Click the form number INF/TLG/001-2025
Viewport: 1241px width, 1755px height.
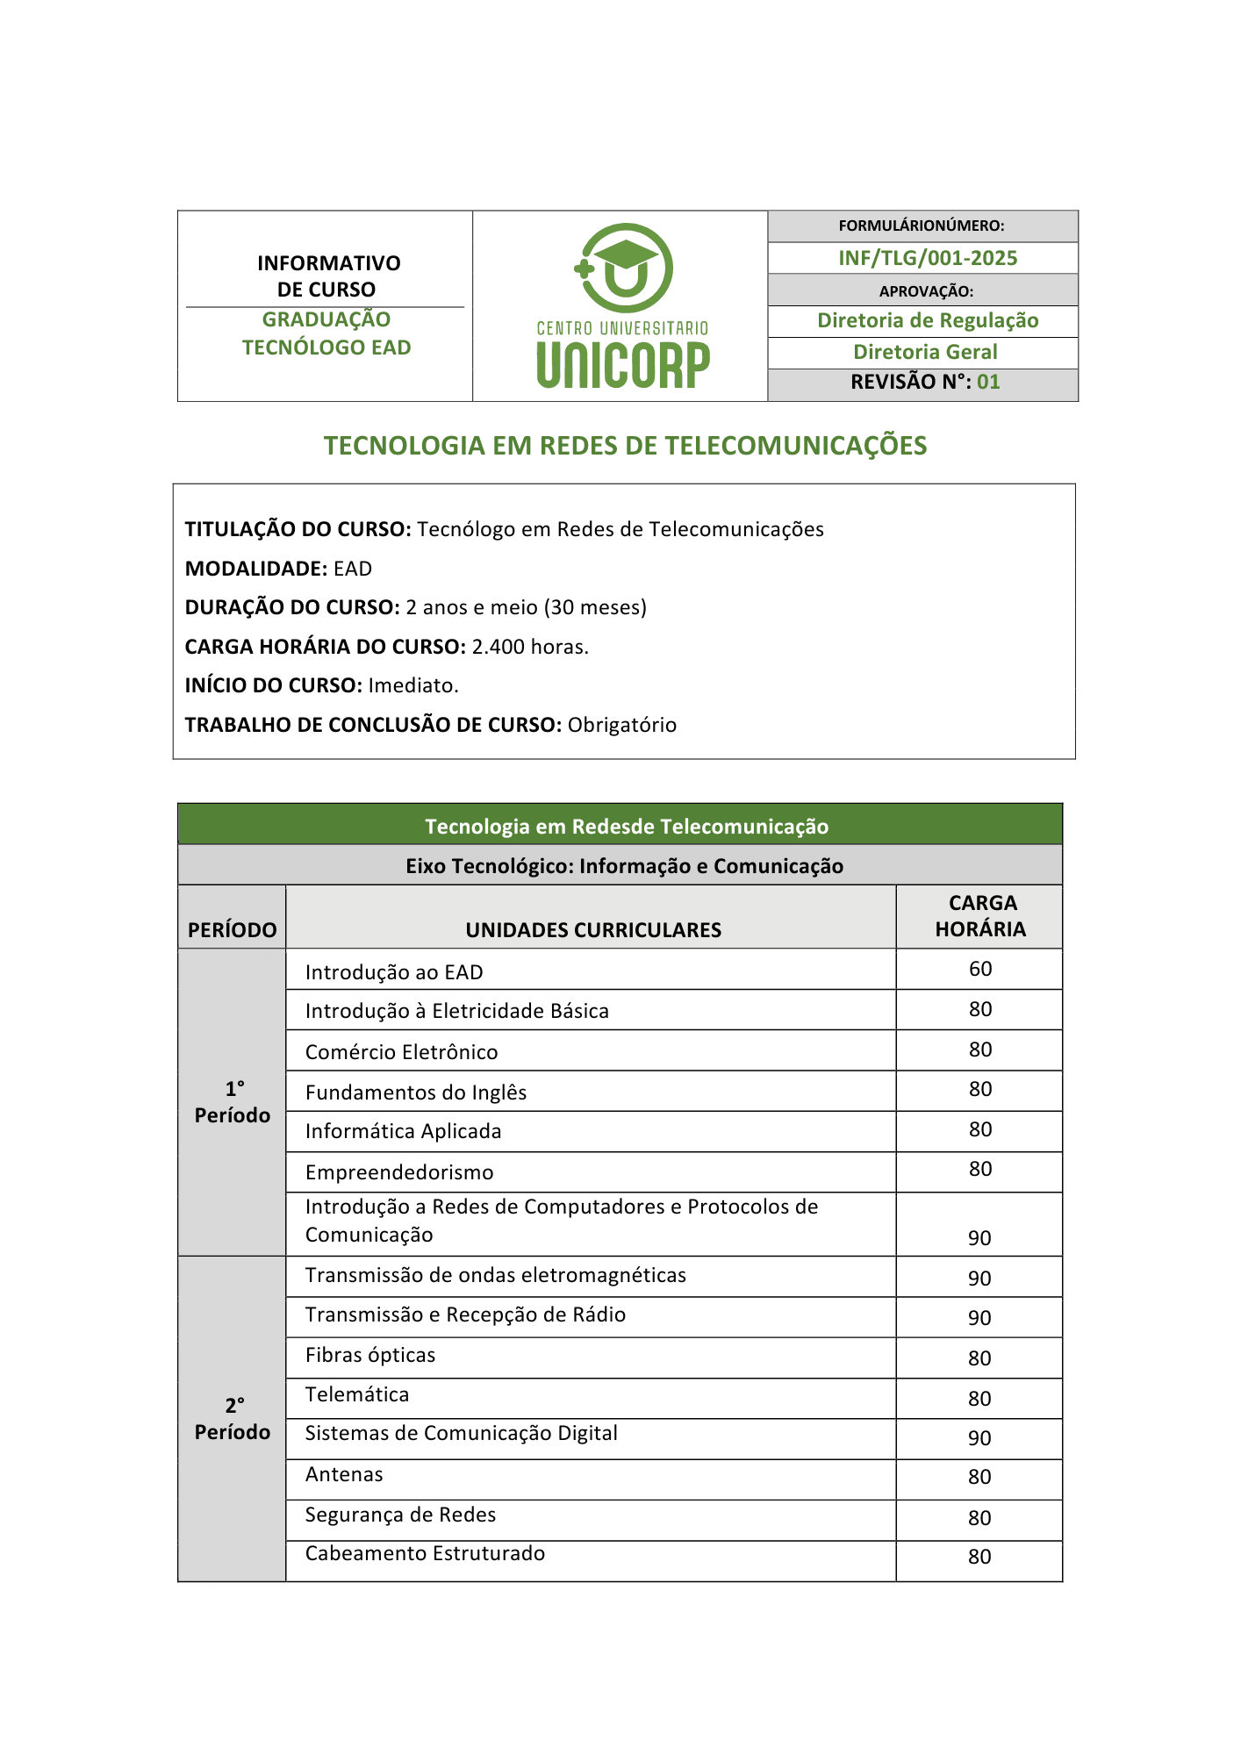[x=927, y=258]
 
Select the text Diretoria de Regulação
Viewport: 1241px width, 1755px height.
[x=928, y=320]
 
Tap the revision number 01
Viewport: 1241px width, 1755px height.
[x=988, y=382]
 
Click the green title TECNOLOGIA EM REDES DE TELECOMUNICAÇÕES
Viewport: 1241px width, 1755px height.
[x=625, y=446]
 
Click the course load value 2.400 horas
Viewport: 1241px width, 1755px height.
[x=530, y=647]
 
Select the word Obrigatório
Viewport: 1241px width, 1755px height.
[x=621, y=725]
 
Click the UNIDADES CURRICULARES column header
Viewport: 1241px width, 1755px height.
[x=593, y=930]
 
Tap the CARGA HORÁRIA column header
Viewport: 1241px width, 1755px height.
[x=979, y=916]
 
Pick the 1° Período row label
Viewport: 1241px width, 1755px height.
[x=233, y=1102]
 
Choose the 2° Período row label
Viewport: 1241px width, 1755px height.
[x=233, y=1419]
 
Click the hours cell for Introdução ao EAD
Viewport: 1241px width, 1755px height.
[x=979, y=969]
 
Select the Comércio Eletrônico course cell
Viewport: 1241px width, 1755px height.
[x=401, y=1052]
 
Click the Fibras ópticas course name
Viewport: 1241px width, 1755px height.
[x=370, y=1355]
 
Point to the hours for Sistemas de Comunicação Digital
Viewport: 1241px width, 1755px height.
[x=979, y=1438]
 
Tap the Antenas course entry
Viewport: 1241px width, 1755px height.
[x=344, y=1474]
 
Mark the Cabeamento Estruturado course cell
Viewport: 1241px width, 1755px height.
[x=425, y=1553]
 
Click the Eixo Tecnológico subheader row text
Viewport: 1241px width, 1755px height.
[x=624, y=866]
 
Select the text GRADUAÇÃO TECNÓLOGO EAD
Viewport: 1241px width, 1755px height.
[x=326, y=333]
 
